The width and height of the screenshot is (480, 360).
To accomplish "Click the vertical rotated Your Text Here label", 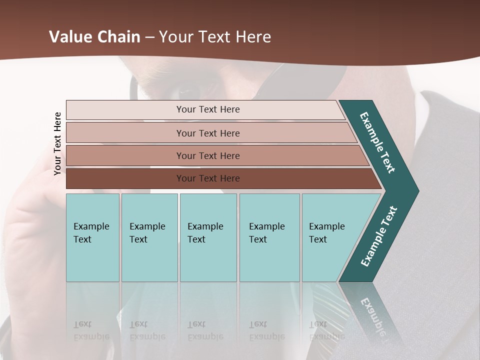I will point(57,143).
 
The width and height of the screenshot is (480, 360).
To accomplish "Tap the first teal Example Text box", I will point(92,237).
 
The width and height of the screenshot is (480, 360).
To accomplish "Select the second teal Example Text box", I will point(149,237).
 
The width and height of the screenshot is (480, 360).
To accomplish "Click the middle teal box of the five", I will point(208,237).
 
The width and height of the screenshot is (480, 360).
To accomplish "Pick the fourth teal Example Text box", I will point(269,237).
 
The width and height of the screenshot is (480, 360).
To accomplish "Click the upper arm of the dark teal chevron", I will point(377,142).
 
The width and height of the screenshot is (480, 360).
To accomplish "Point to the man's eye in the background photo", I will point(189,91).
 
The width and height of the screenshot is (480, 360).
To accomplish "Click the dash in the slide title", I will point(149,37).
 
